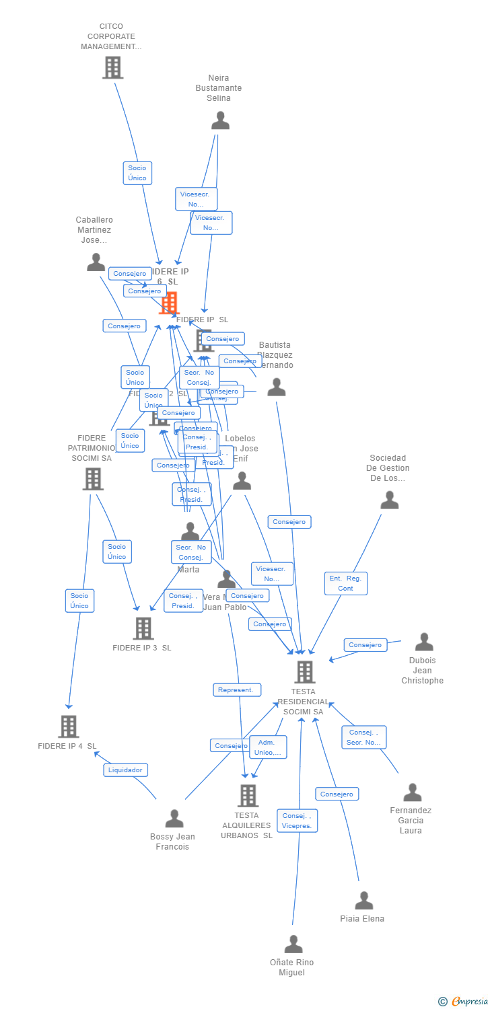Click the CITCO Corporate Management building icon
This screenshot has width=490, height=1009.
pos(112,67)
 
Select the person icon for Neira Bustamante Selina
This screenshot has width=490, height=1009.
pos(220,120)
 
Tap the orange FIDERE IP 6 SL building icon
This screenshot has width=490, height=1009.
pos(170,303)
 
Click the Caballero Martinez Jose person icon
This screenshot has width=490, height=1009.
pos(96,262)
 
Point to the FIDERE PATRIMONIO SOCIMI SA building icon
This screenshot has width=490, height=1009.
pos(93,479)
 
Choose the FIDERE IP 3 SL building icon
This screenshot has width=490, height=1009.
pos(143,628)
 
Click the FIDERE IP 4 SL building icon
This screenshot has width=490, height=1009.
pos(69,726)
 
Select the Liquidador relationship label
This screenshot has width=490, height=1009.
pos(126,770)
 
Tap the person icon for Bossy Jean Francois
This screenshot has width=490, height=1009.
pos(174,819)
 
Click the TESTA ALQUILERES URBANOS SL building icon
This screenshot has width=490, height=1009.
pos(248,796)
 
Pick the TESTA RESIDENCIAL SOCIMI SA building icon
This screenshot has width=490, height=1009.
pos(304,672)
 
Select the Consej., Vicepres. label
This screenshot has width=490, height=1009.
pos(297,821)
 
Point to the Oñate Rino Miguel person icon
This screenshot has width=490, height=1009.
pos(293,944)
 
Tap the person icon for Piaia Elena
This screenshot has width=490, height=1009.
pos(363,900)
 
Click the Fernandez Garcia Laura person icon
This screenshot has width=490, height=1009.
pos(412,792)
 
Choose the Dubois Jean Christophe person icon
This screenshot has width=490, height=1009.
pos(423,642)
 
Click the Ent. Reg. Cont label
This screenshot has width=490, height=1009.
pos(346,583)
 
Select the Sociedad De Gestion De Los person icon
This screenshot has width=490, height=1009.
pos(389,500)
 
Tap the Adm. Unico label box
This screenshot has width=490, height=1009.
pos(268,747)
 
